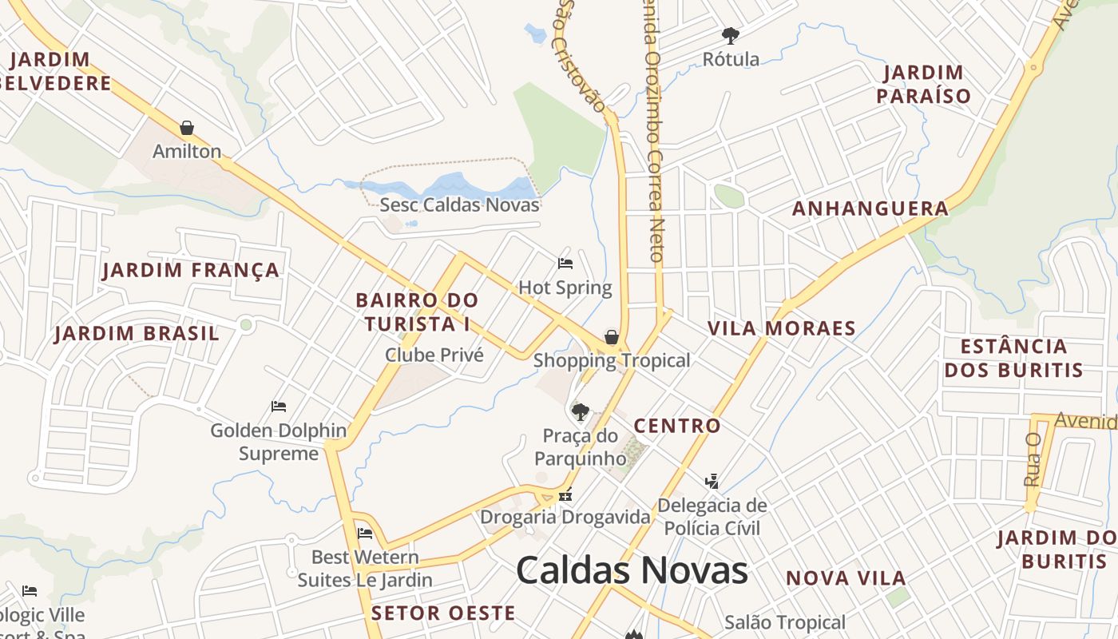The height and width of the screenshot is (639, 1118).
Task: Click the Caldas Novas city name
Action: pos(632,570)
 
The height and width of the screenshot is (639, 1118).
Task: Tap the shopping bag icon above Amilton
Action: pos(187,128)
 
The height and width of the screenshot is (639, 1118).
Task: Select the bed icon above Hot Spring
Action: pos(565,263)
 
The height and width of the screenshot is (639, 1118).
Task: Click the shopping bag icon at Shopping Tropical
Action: pos(612,337)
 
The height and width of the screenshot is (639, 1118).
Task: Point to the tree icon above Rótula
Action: pos(730,35)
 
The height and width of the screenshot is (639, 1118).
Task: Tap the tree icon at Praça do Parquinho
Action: pos(581,412)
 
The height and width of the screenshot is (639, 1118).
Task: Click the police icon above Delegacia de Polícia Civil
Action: pos(712,481)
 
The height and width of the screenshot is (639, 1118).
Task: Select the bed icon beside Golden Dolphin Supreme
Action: pos(279,407)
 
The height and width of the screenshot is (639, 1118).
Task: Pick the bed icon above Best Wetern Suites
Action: pos(365,533)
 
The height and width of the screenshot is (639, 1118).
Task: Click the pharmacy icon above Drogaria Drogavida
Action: pos(565,495)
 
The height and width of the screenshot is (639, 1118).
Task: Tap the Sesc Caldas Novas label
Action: pos(459,204)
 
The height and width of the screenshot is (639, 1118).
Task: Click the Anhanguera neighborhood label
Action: pos(870,209)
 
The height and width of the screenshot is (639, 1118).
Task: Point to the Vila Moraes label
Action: pos(782,328)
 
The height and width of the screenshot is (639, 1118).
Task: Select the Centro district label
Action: pos(677,426)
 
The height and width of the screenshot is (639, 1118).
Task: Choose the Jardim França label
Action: pos(191,271)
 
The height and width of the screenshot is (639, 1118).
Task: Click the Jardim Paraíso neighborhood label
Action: pos(923,85)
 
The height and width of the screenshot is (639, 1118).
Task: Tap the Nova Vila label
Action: pos(846,578)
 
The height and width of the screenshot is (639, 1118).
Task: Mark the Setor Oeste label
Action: pos(443,613)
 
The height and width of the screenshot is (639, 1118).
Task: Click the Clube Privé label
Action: pos(434,355)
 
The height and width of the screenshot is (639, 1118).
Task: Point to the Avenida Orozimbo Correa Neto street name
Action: pos(653,136)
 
